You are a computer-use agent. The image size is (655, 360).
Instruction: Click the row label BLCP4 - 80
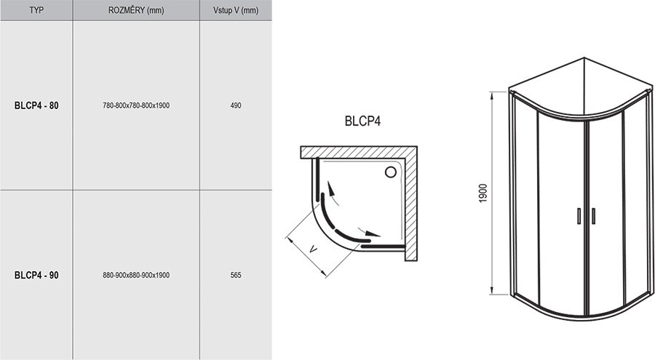[36, 105]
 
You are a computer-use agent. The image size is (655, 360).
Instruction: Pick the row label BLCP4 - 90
[36, 275]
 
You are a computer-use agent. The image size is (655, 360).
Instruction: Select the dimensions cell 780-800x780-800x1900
[136, 105]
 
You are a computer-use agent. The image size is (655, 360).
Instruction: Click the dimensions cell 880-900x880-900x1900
[136, 275]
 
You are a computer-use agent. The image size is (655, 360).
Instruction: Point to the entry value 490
[235, 105]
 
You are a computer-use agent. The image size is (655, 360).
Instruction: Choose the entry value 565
[235, 275]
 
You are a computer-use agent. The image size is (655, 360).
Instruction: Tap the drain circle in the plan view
[390, 172]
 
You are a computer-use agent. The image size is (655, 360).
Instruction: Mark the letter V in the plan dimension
[312, 249]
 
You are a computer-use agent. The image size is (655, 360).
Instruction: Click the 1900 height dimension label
[484, 193]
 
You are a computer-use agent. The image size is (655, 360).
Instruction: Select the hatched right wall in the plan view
[412, 204]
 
